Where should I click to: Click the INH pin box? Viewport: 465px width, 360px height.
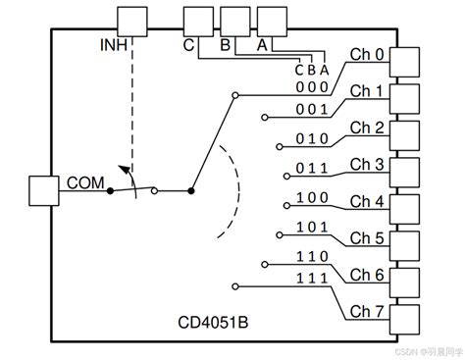pyautogui.click(x=132, y=22)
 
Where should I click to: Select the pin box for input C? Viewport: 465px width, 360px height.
pyautogui.click(x=198, y=22)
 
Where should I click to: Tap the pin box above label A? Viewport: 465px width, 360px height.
pyautogui.click(x=273, y=22)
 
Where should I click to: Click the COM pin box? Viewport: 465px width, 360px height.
pyautogui.click(x=44, y=191)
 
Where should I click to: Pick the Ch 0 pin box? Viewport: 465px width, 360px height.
pyautogui.click(x=404, y=62)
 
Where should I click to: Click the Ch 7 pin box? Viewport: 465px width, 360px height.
pyautogui.click(x=404, y=320)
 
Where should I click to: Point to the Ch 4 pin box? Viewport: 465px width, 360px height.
pyautogui.click(x=404, y=209)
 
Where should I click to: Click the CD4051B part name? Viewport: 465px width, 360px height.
pyautogui.click(x=213, y=323)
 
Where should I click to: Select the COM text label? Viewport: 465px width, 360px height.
pyautogui.click(x=85, y=182)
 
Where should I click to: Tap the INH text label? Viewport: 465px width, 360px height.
pyautogui.click(x=114, y=45)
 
